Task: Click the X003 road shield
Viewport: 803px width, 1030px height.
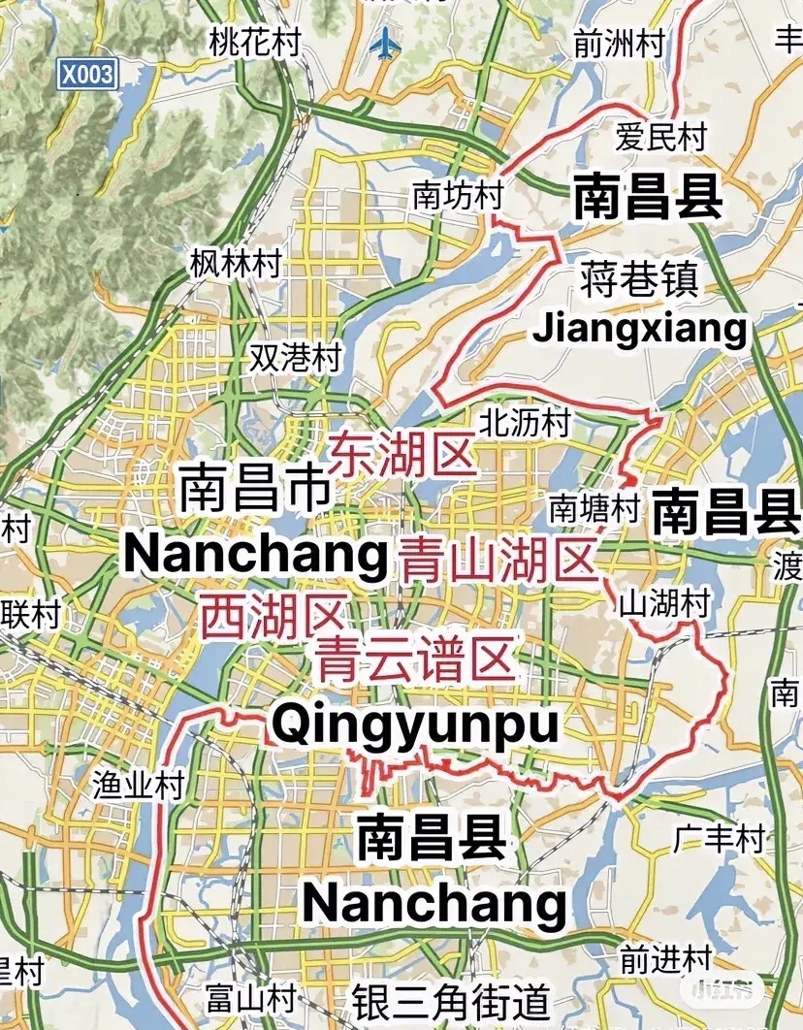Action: (x=86, y=74)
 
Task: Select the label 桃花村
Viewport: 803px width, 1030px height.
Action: (x=256, y=42)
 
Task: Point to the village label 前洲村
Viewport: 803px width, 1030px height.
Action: (x=619, y=44)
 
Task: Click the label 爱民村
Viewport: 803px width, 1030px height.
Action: (x=661, y=137)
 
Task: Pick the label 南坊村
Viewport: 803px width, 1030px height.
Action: (x=458, y=195)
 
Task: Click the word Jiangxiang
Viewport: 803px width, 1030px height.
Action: (x=641, y=329)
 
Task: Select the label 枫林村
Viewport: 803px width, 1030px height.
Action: (x=236, y=262)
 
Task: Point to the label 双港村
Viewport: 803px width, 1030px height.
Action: (x=295, y=357)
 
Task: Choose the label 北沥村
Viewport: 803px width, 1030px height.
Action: (x=525, y=422)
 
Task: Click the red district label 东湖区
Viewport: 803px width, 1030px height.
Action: (x=403, y=454)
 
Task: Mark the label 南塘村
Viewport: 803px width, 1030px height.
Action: (x=594, y=507)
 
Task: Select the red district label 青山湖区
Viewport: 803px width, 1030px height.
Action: (x=498, y=561)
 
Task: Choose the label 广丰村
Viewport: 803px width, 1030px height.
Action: (x=720, y=837)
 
